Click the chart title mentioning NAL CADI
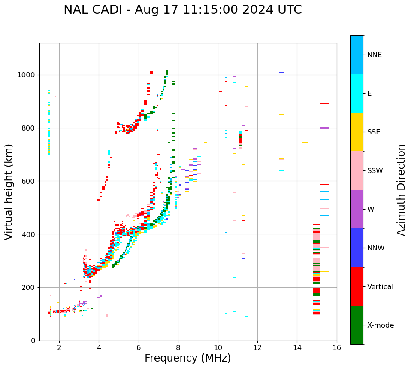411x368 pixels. [x=182, y=10]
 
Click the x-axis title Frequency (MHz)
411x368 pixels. [x=187, y=358]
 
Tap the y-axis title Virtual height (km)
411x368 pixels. [x=9, y=192]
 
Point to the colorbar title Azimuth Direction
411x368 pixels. [x=401, y=190]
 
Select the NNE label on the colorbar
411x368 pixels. [x=374, y=55]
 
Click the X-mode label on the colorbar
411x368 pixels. [x=380, y=325]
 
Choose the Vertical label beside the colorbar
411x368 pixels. [x=380, y=287]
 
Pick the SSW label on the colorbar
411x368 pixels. [x=375, y=171]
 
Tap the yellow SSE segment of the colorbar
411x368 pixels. [x=357, y=132]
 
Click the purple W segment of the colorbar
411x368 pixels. [x=357, y=209]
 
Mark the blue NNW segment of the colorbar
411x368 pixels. [x=357, y=248]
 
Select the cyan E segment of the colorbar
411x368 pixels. [x=357, y=93]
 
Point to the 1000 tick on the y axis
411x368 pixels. [x=27, y=75]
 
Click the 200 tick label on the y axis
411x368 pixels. [x=29, y=288]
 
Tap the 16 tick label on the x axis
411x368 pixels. [x=336, y=347]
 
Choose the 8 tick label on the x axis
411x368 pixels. [x=178, y=347]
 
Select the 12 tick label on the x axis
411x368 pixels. [x=257, y=347]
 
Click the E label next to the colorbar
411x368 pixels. [x=369, y=94]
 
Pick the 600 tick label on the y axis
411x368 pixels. [x=29, y=181]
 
